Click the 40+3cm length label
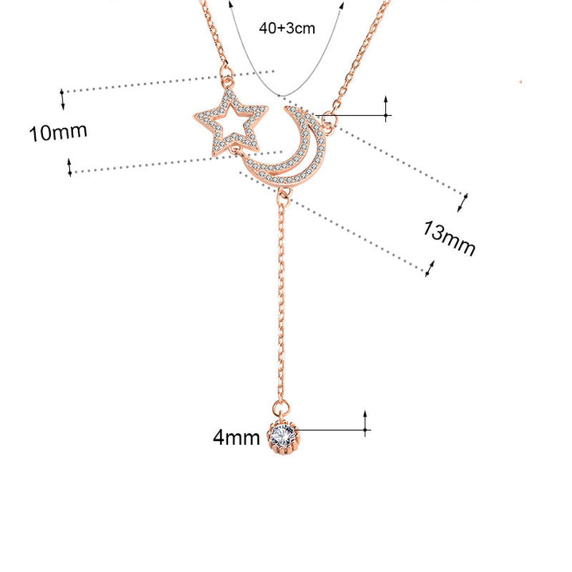click(x=287, y=28)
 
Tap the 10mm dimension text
click(x=58, y=132)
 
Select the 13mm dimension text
click(x=450, y=239)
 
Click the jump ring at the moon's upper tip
click(x=327, y=118)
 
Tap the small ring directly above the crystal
click(x=282, y=408)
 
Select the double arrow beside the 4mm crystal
click(x=365, y=423)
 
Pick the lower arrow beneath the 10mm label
click(x=70, y=167)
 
